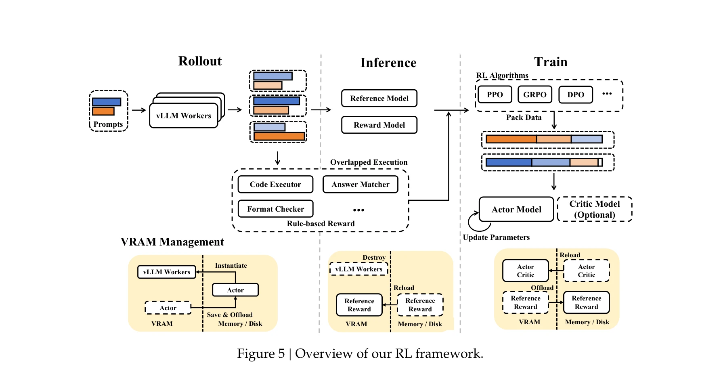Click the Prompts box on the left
pos(108,111)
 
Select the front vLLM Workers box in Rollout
pos(183,116)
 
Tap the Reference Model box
pos(379,98)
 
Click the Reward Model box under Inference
pos(379,125)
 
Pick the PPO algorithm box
pos(495,94)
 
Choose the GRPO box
pos(534,94)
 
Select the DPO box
pos(575,94)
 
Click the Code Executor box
pos(275,185)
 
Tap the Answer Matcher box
pos(360,185)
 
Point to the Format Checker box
pos(275,209)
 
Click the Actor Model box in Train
pos(516,209)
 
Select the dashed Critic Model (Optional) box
pos(594,209)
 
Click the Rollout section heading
pos(200,61)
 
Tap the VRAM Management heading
pos(172,242)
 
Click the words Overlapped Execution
pos(369,162)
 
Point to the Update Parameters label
pos(496,237)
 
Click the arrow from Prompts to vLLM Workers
pos(138,110)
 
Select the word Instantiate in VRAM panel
pos(231,266)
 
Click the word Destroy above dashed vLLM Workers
pos(374,258)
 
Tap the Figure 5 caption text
pos(360,354)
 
